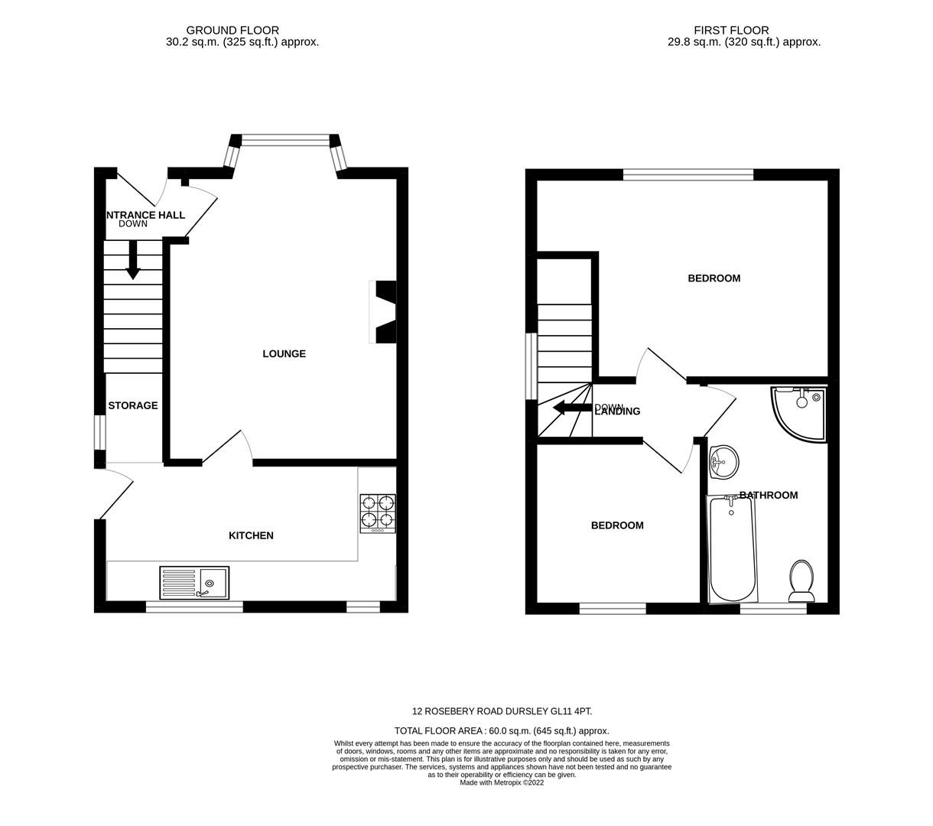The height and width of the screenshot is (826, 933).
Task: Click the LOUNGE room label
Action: [x=284, y=354]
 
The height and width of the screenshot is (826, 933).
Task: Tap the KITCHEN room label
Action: [x=251, y=536]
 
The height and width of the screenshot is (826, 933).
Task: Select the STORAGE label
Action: [x=132, y=406]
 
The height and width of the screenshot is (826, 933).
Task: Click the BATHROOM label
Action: [x=769, y=496]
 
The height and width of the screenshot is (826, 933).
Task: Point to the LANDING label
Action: [x=617, y=411]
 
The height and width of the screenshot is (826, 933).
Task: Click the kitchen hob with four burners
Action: [x=378, y=512]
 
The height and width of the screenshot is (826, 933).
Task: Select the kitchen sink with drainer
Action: [x=193, y=583]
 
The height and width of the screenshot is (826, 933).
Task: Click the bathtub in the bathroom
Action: [x=733, y=549]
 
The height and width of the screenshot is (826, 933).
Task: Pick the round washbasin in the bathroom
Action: [x=723, y=462]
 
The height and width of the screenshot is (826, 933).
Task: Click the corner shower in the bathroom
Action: [x=798, y=412]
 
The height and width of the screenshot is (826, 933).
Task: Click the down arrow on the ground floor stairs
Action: [x=133, y=260]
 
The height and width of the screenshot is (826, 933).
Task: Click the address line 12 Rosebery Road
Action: [x=502, y=711]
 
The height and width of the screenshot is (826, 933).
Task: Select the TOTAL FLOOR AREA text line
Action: [x=502, y=731]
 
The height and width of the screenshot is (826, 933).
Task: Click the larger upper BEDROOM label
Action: [x=714, y=278]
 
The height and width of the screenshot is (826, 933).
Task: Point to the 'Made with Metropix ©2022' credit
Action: [x=502, y=782]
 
